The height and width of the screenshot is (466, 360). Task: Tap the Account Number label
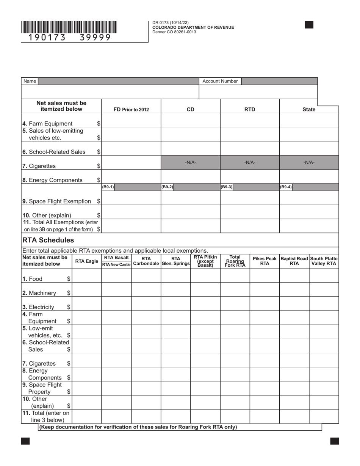[x=220, y=81]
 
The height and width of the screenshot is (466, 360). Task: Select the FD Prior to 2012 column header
[x=131, y=109]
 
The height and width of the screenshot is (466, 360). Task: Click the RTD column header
[x=249, y=109]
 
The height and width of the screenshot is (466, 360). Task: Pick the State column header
[x=309, y=109]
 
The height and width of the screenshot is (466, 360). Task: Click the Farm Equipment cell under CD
[x=191, y=120]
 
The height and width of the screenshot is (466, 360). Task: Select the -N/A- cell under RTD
[x=250, y=163]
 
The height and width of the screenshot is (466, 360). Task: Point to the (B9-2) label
[x=167, y=187]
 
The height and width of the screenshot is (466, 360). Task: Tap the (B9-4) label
[x=286, y=187]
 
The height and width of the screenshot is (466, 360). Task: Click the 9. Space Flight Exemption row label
[x=57, y=201]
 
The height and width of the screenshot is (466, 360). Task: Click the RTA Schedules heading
[x=48, y=240]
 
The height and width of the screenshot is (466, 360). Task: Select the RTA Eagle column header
[x=86, y=261]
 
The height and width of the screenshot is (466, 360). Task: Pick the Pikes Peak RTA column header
[x=265, y=261]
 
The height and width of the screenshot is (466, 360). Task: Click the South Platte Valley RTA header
[x=324, y=261]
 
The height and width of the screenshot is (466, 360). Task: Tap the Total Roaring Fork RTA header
[x=235, y=261]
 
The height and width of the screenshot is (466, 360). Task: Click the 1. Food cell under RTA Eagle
[x=86, y=275]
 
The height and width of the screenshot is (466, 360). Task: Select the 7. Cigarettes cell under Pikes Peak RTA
[x=265, y=360]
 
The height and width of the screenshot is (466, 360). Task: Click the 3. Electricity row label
[x=38, y=307]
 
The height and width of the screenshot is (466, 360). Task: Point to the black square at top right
[x=309, y=25]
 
